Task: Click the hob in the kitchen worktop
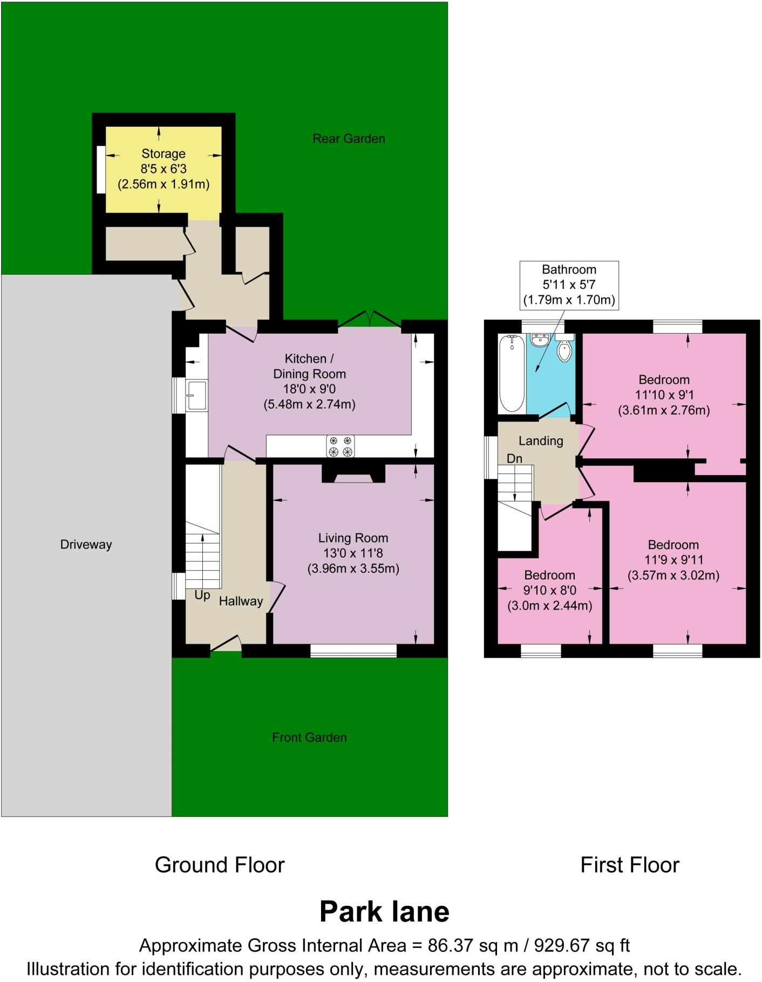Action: click(341, 446)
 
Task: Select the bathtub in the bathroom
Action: click(512, 373)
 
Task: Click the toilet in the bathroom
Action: click(564, 348)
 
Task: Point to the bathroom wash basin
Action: click(540, 340)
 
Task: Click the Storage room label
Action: click(164, 154)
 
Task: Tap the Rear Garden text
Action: click(349, 139)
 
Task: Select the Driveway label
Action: click(86, 544)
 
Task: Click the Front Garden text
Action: click(309, 737)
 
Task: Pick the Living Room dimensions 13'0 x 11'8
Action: click(353, 553)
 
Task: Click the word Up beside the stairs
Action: click(202, 595)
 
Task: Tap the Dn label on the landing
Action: click(514, 458)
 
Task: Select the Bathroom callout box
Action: click(569, 285)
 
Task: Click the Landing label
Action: click(541, 441)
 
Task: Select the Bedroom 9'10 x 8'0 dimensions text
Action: click(549, 590)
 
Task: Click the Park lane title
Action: click(384, 911)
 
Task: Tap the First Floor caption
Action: click(629, 865)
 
